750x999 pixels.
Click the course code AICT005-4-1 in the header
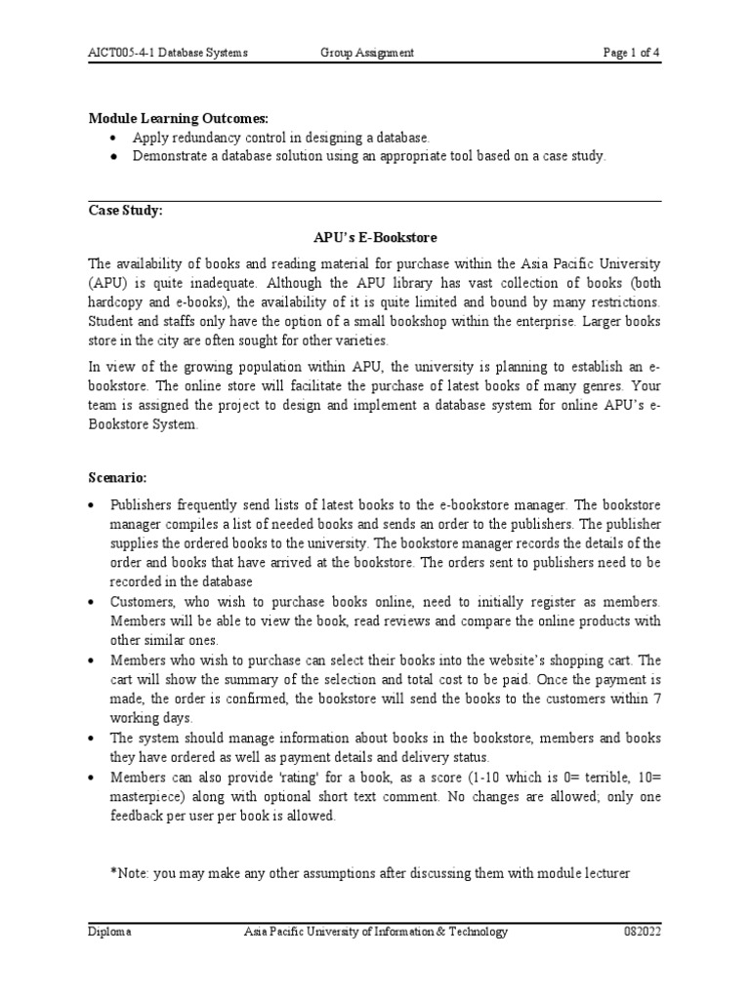[x=121, y=53]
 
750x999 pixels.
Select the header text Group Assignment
[x=367, y=53]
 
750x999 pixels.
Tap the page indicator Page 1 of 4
[x=631, y=53]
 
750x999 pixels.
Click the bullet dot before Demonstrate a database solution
[x=115, y=156]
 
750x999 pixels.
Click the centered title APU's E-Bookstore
[x=374, y=237]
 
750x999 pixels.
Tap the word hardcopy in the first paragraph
[x=117, y=301]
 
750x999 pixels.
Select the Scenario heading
[x=117, y=479]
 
